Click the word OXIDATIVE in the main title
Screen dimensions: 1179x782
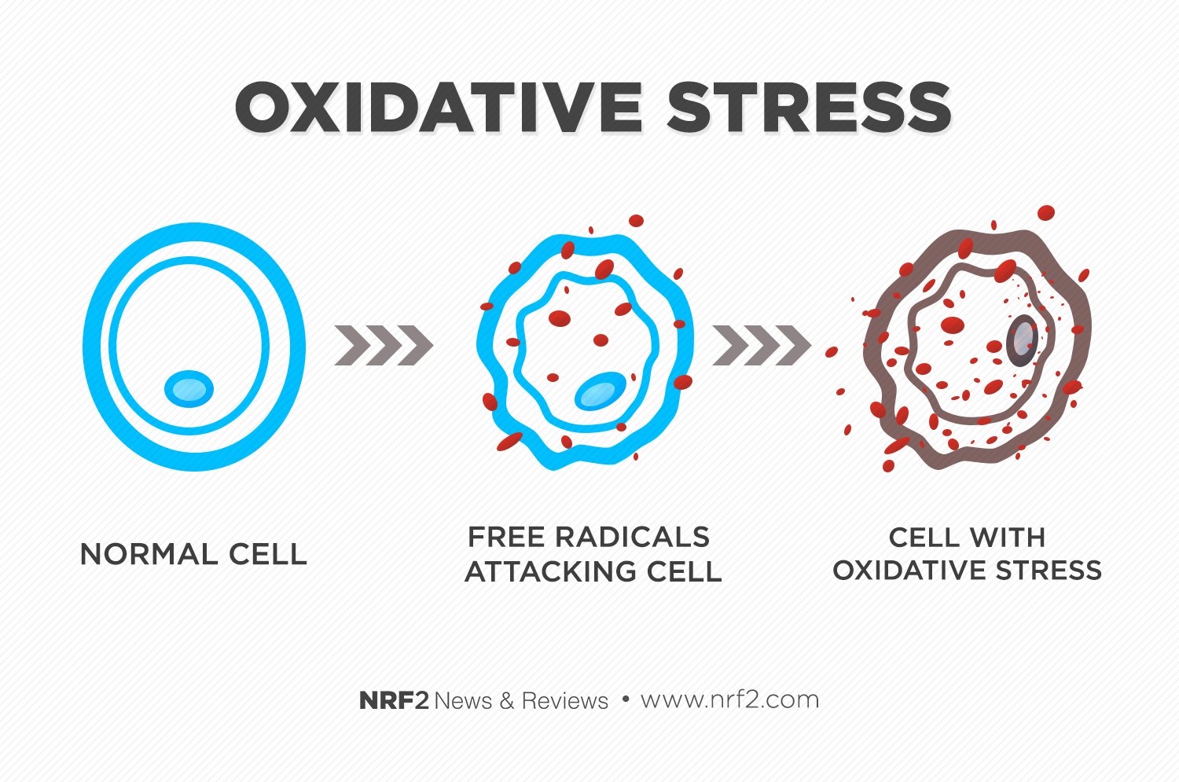[x=438, y=108]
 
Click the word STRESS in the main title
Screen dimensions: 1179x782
[x=809, y=108]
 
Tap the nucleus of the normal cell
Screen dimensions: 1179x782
[x=189, y=389]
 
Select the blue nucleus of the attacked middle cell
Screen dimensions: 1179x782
[x=600, y=391]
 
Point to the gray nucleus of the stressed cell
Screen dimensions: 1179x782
[x=1022, y=341]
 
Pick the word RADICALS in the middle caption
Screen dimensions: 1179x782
[x=633, y=538]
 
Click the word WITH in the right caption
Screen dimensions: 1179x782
[x=1007, y=538]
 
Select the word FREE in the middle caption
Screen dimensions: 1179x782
[x=506, y=538]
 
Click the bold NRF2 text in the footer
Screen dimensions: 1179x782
[x=394, y=700]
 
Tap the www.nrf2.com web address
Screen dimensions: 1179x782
[x=729, y=700]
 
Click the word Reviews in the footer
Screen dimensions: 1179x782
[x=565, y=701]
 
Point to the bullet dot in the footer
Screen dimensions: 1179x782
[x=626, y=699]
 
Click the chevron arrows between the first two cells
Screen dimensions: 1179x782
[x=384, y=345]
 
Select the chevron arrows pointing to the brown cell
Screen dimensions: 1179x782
[x=762, y=345]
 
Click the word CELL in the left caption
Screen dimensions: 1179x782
[x=267, y=555]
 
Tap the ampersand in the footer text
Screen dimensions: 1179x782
[x=507, y=701]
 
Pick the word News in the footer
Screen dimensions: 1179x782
[x=463, y=701]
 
